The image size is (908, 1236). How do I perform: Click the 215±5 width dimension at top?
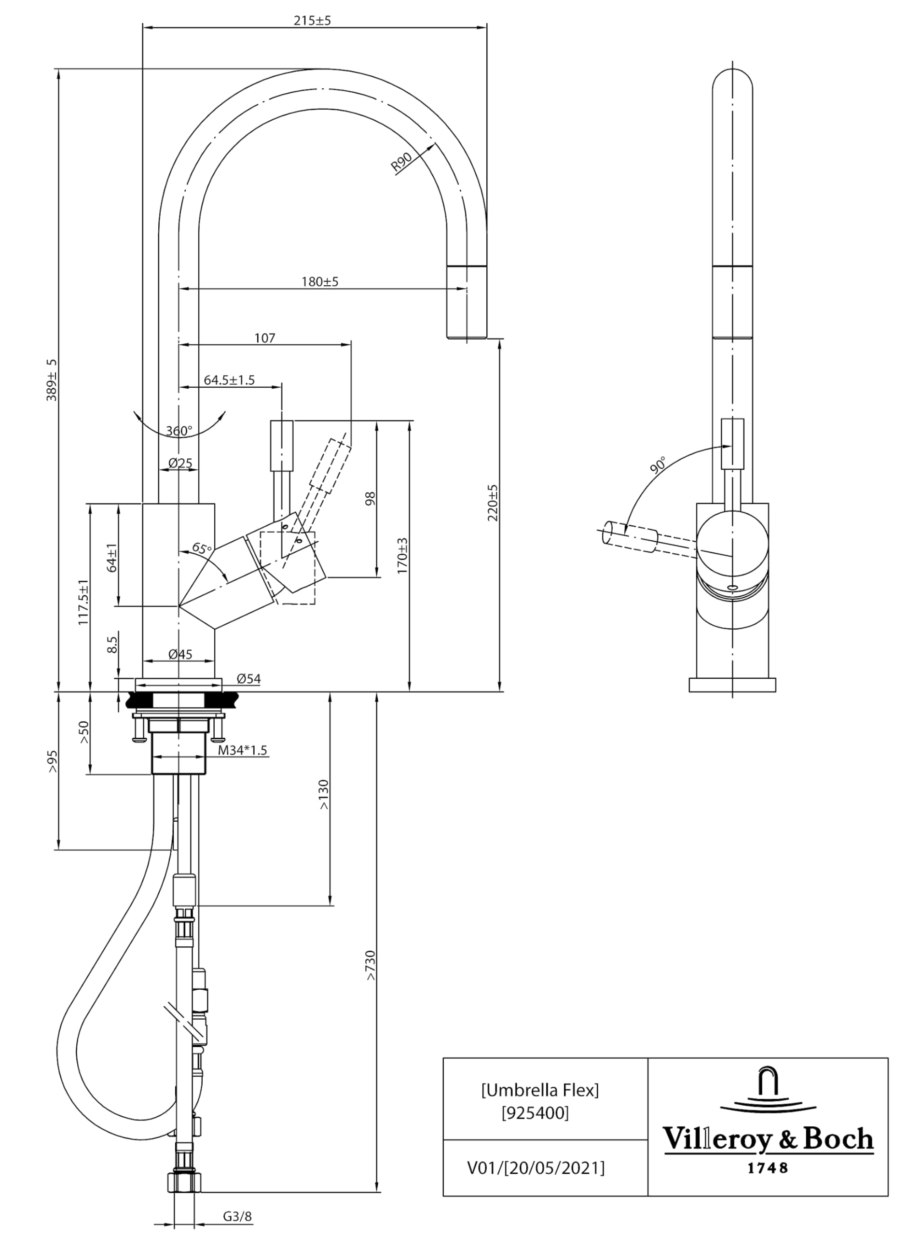(x=312, y=21)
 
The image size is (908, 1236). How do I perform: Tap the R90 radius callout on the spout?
(x=401, y=163)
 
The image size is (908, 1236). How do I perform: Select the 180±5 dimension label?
(x=320, y=281)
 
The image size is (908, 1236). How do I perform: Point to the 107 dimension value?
(x=264, y=338)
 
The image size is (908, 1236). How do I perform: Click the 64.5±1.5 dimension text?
(x=229, y=380)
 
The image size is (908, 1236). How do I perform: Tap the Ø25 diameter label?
(x=180, y=463)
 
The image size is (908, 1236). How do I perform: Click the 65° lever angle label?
(x=202, y=548)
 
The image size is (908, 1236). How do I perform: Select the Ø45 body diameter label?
(x=180, y=654)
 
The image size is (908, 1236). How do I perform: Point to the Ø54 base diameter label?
(x=249, y=679)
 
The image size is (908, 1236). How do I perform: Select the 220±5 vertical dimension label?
(x=493, y=503)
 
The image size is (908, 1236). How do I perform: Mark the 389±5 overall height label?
(x=52, y=380)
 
